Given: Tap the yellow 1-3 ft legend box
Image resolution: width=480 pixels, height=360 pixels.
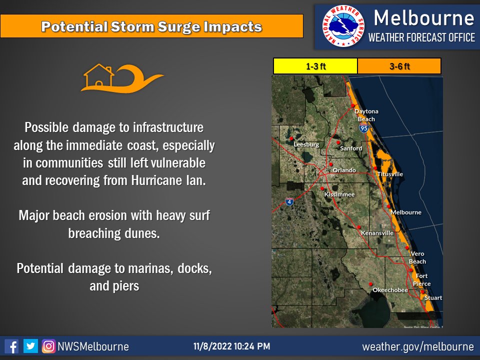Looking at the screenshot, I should click(x=315, y=66).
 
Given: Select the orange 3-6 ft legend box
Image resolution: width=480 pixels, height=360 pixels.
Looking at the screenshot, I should click(x=399, y=66).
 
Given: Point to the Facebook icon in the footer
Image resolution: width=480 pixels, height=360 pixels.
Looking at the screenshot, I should click(x=11, y=346).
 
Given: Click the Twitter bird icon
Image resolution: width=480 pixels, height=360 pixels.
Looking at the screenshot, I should click(x=30, y=346).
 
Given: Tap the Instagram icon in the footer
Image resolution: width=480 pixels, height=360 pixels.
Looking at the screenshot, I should click(x=48, y=346).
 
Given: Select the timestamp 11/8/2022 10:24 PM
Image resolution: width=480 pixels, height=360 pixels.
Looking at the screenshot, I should click(x=232, y=346).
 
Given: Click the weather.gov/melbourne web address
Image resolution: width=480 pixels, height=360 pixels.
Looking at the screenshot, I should click(x=417, y=346).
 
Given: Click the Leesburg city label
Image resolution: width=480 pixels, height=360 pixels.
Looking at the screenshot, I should click(x=306, y=144).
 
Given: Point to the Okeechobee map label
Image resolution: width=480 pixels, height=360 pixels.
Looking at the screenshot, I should click(x=390, y=290).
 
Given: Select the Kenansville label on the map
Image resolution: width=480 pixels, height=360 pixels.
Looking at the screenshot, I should click(x=377, y=233).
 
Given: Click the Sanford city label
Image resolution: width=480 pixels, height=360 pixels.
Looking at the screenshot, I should click(x=350, y=148).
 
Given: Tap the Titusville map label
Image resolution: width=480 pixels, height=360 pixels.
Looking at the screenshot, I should click(x=390, y=174).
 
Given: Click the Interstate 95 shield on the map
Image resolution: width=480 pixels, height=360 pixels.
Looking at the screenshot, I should click(x=363, y=129).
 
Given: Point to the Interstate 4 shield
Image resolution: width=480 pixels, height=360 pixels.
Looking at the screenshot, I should click(x=289, y=201).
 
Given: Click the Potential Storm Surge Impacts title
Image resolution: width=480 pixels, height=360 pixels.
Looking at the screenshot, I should click(x=151, y=26).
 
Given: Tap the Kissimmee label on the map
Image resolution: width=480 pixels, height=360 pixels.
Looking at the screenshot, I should click(x=339, y=194).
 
